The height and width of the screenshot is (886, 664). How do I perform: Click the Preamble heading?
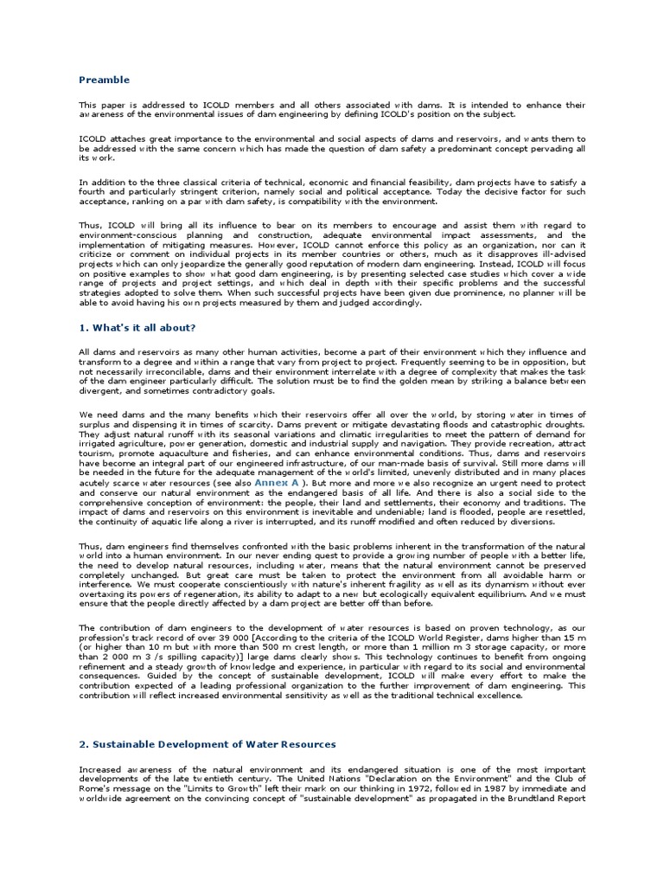(104, 80)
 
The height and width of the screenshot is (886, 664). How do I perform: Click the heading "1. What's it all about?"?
(137, 328)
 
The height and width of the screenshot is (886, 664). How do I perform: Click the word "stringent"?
(205, 191)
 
